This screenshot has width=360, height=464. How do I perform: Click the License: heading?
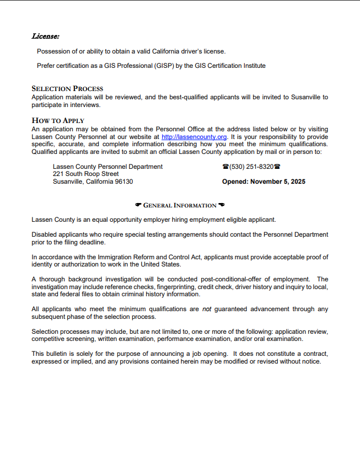(x=45, y=36)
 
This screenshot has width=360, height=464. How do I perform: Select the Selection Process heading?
(x=67, y=88)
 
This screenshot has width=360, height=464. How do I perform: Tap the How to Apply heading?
(x=58, y=120)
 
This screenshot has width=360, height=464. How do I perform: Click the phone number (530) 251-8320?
(x=251, y=167)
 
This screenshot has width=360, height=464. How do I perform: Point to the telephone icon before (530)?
(x=225, y=167)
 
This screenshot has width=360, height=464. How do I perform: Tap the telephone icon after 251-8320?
(x=277, y=167)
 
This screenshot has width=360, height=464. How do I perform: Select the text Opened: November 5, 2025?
(x=264, y=182)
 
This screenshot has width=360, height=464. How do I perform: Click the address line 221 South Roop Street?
(x=85, y=174)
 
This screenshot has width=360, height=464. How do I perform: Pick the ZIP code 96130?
(x=123, y=182)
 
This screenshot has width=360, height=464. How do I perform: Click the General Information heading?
(x=180, y=206)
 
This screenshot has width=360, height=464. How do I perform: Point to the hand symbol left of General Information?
(x=138, y=205)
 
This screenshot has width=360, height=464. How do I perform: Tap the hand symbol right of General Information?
(x=221, y=205)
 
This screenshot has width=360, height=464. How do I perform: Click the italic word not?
(x=207, y=310)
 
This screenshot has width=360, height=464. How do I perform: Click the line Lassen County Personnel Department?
(x=108, y=167)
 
